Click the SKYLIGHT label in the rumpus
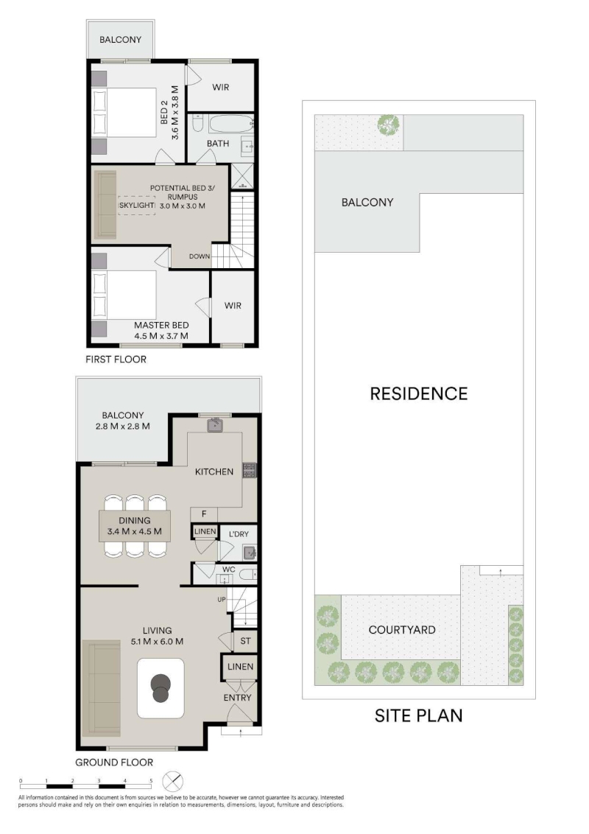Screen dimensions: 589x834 [x=137, y=206]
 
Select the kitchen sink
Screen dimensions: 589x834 [x=215, y=425]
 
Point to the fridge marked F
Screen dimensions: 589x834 [x=204, y=514]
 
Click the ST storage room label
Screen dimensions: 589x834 [x=245, y=641]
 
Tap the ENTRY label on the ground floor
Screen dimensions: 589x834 [x=237, y=697]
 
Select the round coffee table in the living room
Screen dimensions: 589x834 [x=161, y=688]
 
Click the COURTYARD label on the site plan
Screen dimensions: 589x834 [x=402, y=630]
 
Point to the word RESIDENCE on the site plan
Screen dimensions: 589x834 [x=419, y=393]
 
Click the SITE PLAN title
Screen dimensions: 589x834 [x=418, y=716]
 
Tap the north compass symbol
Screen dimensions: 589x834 [x=172, y=782]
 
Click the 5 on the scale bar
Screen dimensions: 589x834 [x=151, y=781]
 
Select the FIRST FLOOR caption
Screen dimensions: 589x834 [x=116, y=360]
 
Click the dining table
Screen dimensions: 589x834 [x=135, y=526]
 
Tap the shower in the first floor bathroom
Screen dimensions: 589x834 [x=242, y=177]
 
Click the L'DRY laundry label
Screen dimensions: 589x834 [x=239, y=534]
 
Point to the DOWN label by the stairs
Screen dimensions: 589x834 [x=200, y=256]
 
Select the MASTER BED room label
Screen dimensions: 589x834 [x=161, y=325]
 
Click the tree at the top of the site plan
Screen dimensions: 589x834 [x=389, y=125]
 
